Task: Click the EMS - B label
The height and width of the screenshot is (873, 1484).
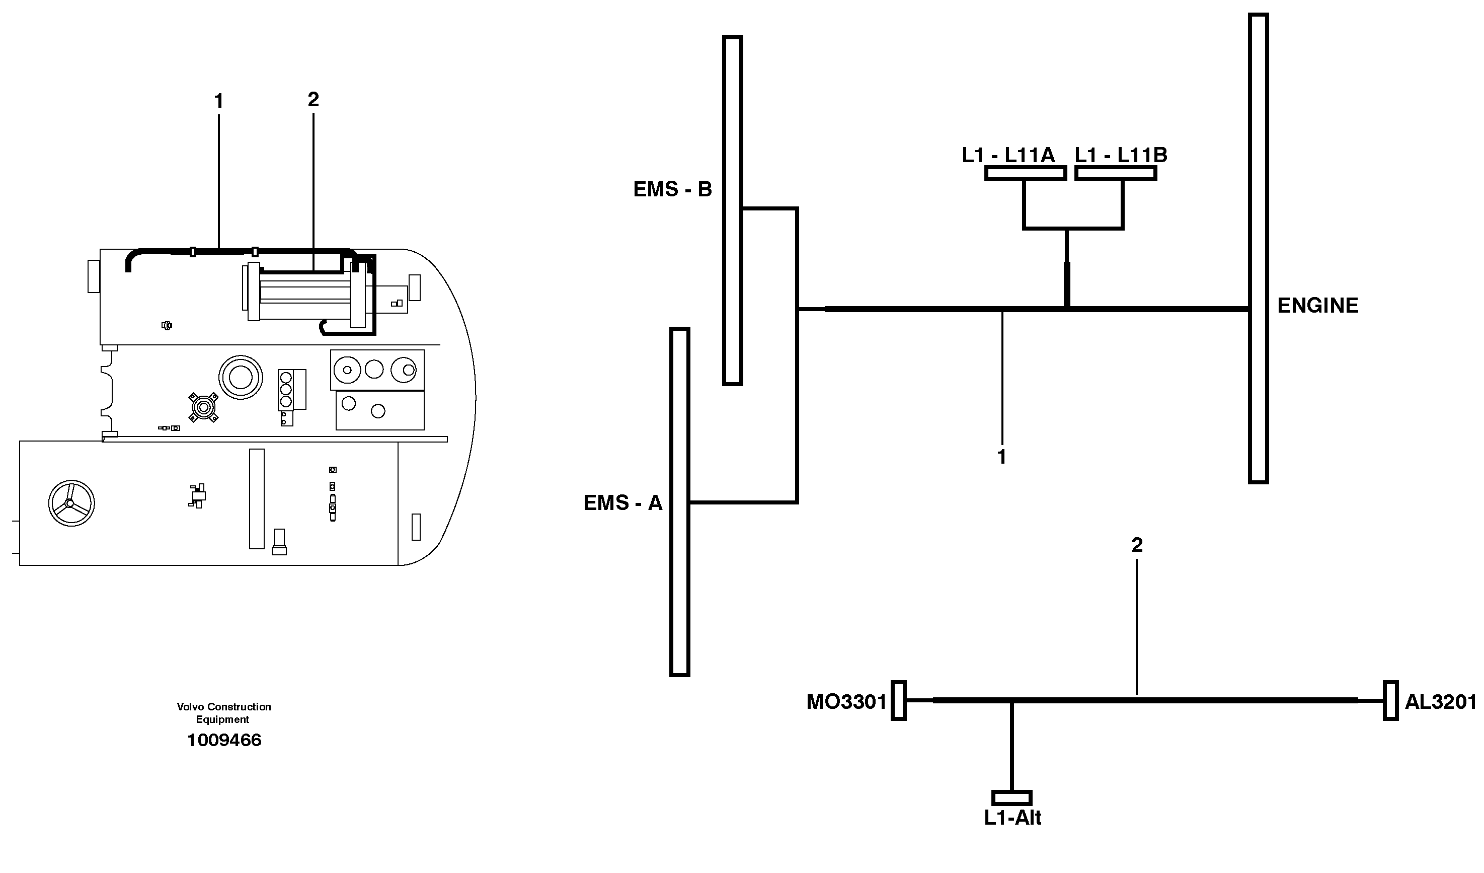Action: click(x=672, y=189)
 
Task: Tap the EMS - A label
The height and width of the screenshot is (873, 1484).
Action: click(x=622, y=503)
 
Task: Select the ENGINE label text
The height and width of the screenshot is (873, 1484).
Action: click(x=1317, y=306)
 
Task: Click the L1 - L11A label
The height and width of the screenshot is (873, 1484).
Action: click(x=1007, y=155)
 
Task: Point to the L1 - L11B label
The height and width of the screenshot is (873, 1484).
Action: click(x=1121, y=155)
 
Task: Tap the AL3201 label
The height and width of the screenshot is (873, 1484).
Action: click(x=1440, y=702)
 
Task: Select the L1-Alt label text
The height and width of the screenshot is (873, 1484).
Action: click(x=1012, y=818)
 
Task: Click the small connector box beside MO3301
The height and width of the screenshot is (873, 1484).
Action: click(x=898, y=700)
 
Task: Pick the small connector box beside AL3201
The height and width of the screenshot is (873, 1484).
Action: click(x=1390, y=700)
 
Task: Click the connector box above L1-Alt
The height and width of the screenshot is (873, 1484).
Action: click(x=1011, y=797)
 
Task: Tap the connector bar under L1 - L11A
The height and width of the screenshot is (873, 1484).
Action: click(x=1025, y=173)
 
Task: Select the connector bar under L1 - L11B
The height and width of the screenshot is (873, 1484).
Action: click(x=1115, y=173)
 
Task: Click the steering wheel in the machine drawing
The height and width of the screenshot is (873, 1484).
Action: click(x=71, y=503)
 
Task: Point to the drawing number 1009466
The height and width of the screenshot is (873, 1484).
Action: click(x=224, y=741)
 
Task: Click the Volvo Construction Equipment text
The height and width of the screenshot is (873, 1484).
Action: click(x=224, y=713)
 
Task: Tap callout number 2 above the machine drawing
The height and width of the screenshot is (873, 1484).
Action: click(x=314, y=100)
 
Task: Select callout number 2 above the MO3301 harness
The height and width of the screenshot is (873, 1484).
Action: click(x=1137, y=545)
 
